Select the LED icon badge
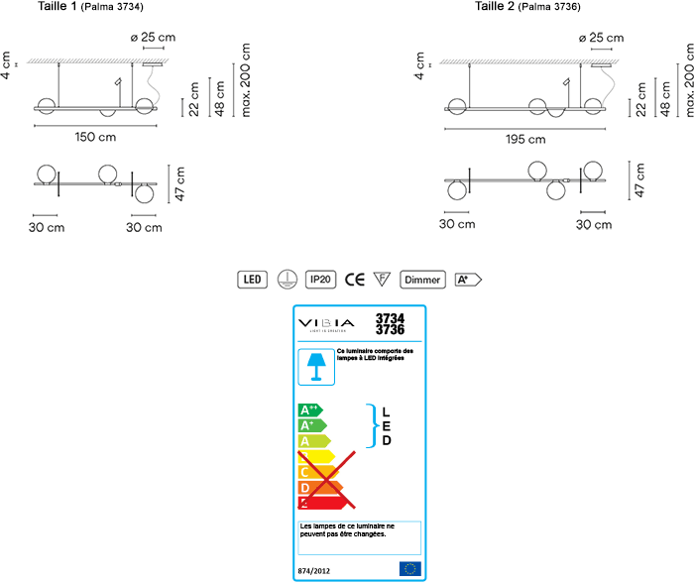click(x=253, y=280)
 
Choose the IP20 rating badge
click(x=320, y=280)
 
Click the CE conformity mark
click(x=355, y=280)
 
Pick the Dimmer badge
click(x=422, y=280)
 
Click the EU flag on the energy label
click(x=408, y=568)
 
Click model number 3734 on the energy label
click(x=390, y=318)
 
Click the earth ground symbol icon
click(x=287, y=280)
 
